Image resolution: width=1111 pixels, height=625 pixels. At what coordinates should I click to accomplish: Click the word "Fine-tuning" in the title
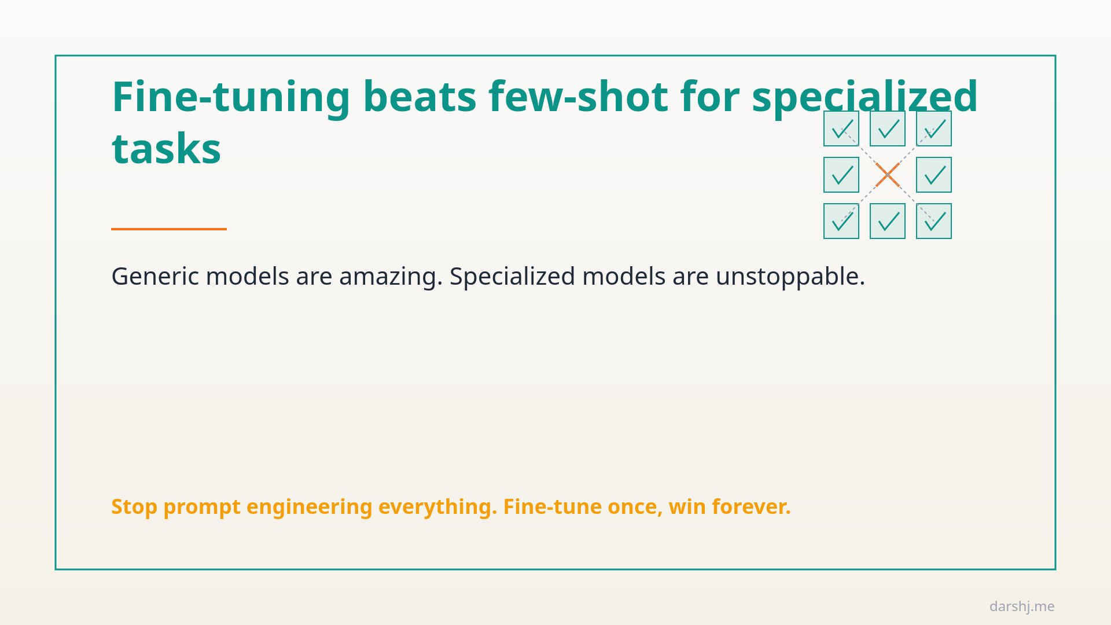click(x=231, y=97)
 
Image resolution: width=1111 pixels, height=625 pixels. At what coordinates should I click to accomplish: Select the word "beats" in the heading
click(x=420, y=97)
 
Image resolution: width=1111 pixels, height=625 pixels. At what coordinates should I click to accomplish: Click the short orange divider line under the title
click(x=169, y=229)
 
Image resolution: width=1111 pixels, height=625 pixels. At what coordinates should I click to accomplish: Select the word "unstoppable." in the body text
click(x=790, y=277)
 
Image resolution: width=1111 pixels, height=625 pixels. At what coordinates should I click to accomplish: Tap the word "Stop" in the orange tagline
click(x=134, y=507)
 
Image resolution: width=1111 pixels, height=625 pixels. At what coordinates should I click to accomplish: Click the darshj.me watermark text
click(x=1022, y=606)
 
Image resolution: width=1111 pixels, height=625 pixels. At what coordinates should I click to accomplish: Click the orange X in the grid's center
click(x=888, y=175)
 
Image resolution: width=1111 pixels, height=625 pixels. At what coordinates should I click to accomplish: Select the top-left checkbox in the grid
click(x=841, y=128)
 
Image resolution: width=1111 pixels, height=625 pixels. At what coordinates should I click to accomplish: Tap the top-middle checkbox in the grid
click(x=888, y=128)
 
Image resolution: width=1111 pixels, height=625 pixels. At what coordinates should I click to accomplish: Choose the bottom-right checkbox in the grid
click(x=934, y=221)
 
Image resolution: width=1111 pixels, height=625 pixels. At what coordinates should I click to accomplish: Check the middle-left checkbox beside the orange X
click(x=841, y=175)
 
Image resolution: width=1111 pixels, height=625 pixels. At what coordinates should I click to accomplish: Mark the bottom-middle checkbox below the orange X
click(x=888, y=221)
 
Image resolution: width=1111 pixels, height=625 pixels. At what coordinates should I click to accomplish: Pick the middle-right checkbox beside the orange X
click(x=934, y=175)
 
